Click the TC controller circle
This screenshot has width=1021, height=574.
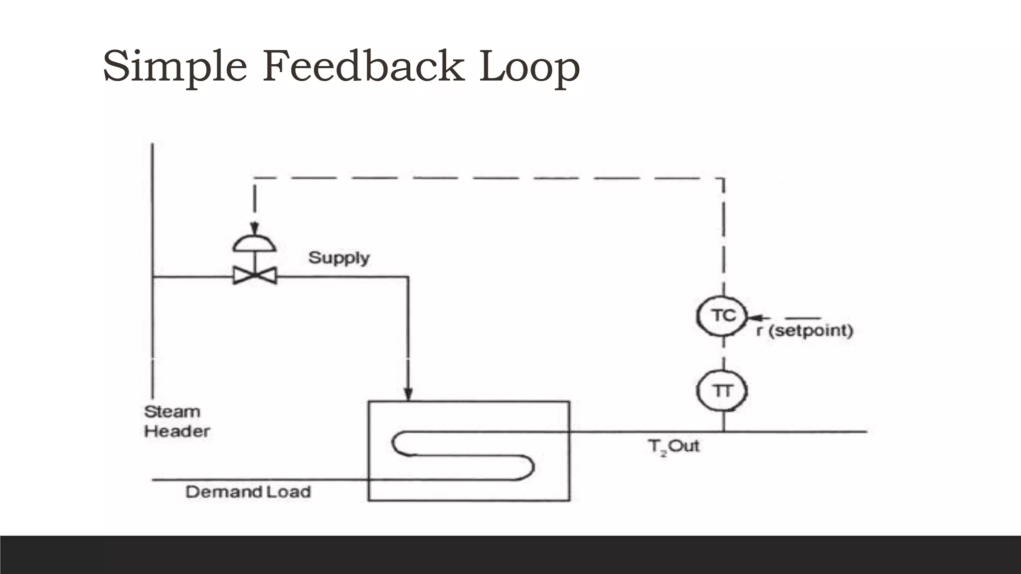pyautogui.click(x=723, y=316)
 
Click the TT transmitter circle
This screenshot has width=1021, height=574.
pyautogui.click(x=723, y=391)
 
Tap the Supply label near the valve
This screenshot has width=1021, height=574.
pyautogui.click(x=339, y=258)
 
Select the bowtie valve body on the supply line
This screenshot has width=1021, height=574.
pyautogui.click(x=255, y=276)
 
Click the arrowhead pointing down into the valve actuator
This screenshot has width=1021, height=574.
pyautogui.click(x=255, y=228)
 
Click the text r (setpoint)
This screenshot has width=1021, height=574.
pyautogui.click(x=805, y=330)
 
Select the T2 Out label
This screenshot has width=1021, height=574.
pyautogui.click(x=674, y=446)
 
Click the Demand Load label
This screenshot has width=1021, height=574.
pyautogui.click(x=248, y=492)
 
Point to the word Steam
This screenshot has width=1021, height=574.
pyautogui.click(x=172, y=412)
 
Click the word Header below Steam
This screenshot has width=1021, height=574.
pyautogui.click(x=177, y=431)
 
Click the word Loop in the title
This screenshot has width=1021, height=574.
pyautogui.click(x=529, y=67)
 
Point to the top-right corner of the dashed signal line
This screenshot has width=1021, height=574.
pyautogui.click(x=723, y=178)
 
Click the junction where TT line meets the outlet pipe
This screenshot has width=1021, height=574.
pyautogui.click(x=723, y=431)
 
